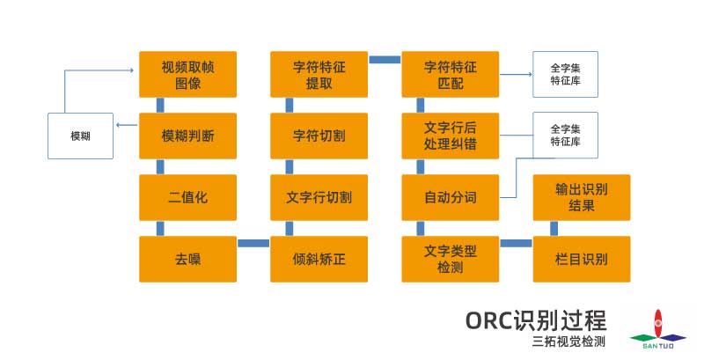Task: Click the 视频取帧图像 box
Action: [x=187, y=74]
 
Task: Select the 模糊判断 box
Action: [x=187, y=136]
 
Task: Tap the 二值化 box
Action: [x=187, y=197]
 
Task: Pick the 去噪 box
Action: [x=187, y=259]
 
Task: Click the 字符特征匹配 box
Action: [x=450, y=74]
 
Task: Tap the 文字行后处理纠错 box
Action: [x=450, y=136]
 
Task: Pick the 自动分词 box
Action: [x=450, y=197]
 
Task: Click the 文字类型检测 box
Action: [x=450, y=259]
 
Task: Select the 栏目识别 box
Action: [x=582, y=259]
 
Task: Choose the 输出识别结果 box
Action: [x=582, y=197]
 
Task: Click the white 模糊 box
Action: [x=80, y=136]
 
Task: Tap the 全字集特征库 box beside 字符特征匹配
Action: [x=565, y=74]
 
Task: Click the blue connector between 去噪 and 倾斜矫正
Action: [x=253, y=243]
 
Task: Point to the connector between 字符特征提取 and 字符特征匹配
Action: [x=385, y=59]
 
